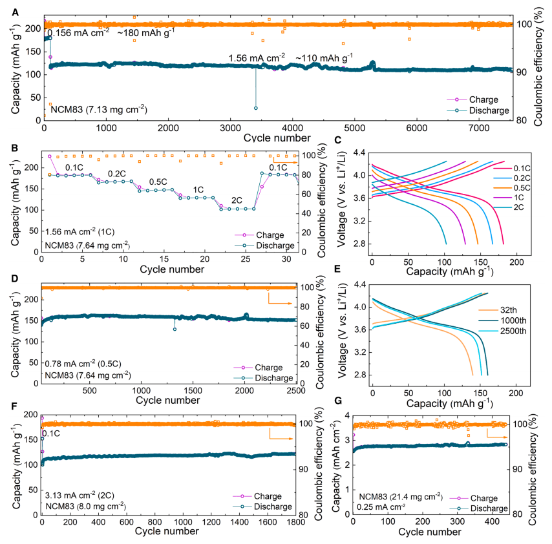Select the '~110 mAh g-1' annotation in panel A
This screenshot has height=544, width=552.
point(324,58)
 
